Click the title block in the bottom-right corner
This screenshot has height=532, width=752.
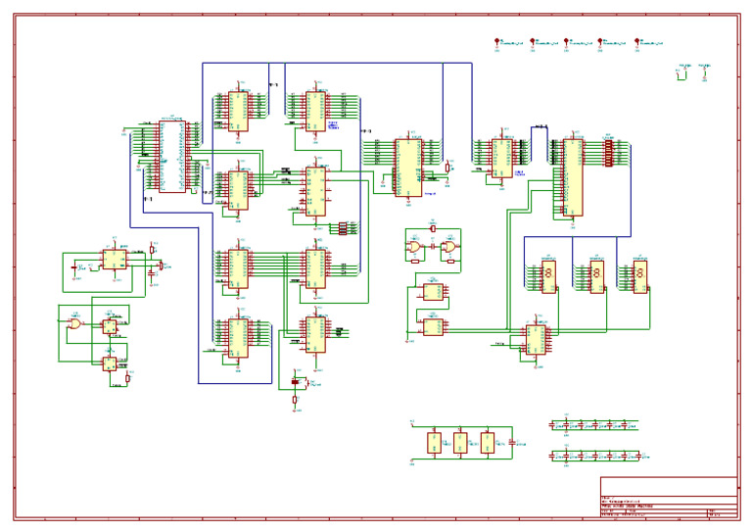tap(668, 497)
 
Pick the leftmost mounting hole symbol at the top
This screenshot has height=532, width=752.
tap(497, 43)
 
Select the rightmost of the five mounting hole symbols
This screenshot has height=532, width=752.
tap(637, 43)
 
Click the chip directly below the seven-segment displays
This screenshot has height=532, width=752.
tap(536, 339)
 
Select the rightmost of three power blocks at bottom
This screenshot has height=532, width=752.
tap(488, 443)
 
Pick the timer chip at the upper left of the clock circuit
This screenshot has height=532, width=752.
tap(114, 259)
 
